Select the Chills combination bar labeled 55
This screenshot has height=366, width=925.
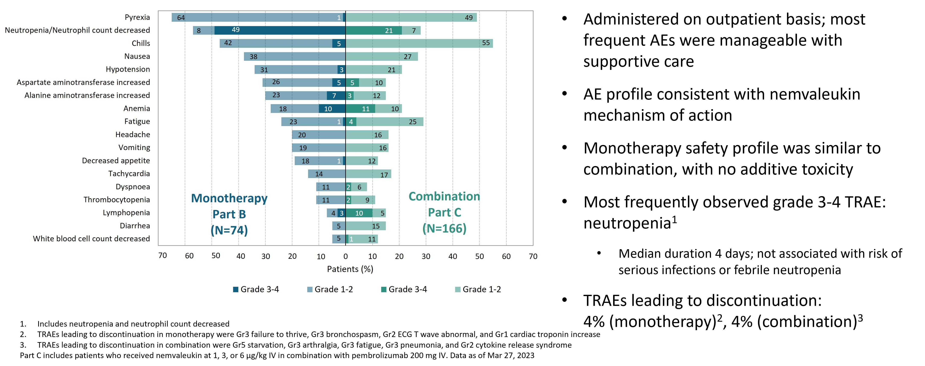click(x=419, y=43)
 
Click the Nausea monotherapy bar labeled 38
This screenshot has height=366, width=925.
click(x=294, y=56)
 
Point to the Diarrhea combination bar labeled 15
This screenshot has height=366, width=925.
click(x=366, y=226)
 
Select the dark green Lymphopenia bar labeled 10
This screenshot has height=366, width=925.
click(x=359, y=213)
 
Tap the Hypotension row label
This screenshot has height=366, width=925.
click(x=128, y=69)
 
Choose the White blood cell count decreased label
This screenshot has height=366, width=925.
click(x=91, y=239)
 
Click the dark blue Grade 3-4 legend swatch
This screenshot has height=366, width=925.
click(x=236, y=289)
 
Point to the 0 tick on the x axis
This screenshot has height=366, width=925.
click(x=345, y=256)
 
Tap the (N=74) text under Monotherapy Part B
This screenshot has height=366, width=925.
click(x=229, y=230)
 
